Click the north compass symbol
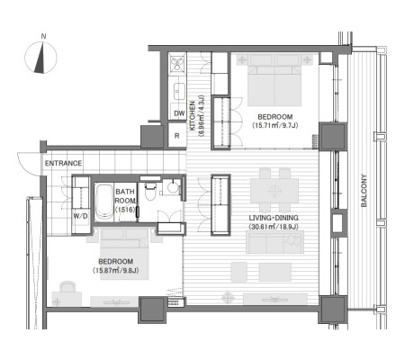click(x=40, y=58)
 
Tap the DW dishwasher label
click(x=179, y=113)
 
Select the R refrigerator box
click(x=177, y=135)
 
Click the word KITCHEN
click(x=193, y=116)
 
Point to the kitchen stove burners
click(x=177, y=64)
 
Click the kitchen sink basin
click(x=179, y=91)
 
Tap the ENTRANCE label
click(x=63, y=163)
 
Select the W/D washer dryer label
click(x=81, y=216)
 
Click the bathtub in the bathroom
click(x=103, y=202)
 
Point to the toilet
click(x=149, y=190)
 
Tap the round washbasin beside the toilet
click(x=173, y=187)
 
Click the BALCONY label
click(x=364, y=191)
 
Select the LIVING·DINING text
click(x=274, y=218)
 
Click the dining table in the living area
click(x=274, y=191)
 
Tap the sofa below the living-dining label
click(x=274, y=242)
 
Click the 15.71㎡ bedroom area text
click(x=275, y=125)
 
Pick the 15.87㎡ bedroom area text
click(x=115, y=270)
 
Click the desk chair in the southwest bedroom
click(x=67, y=286)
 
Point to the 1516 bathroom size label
click(x=125, y=210)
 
